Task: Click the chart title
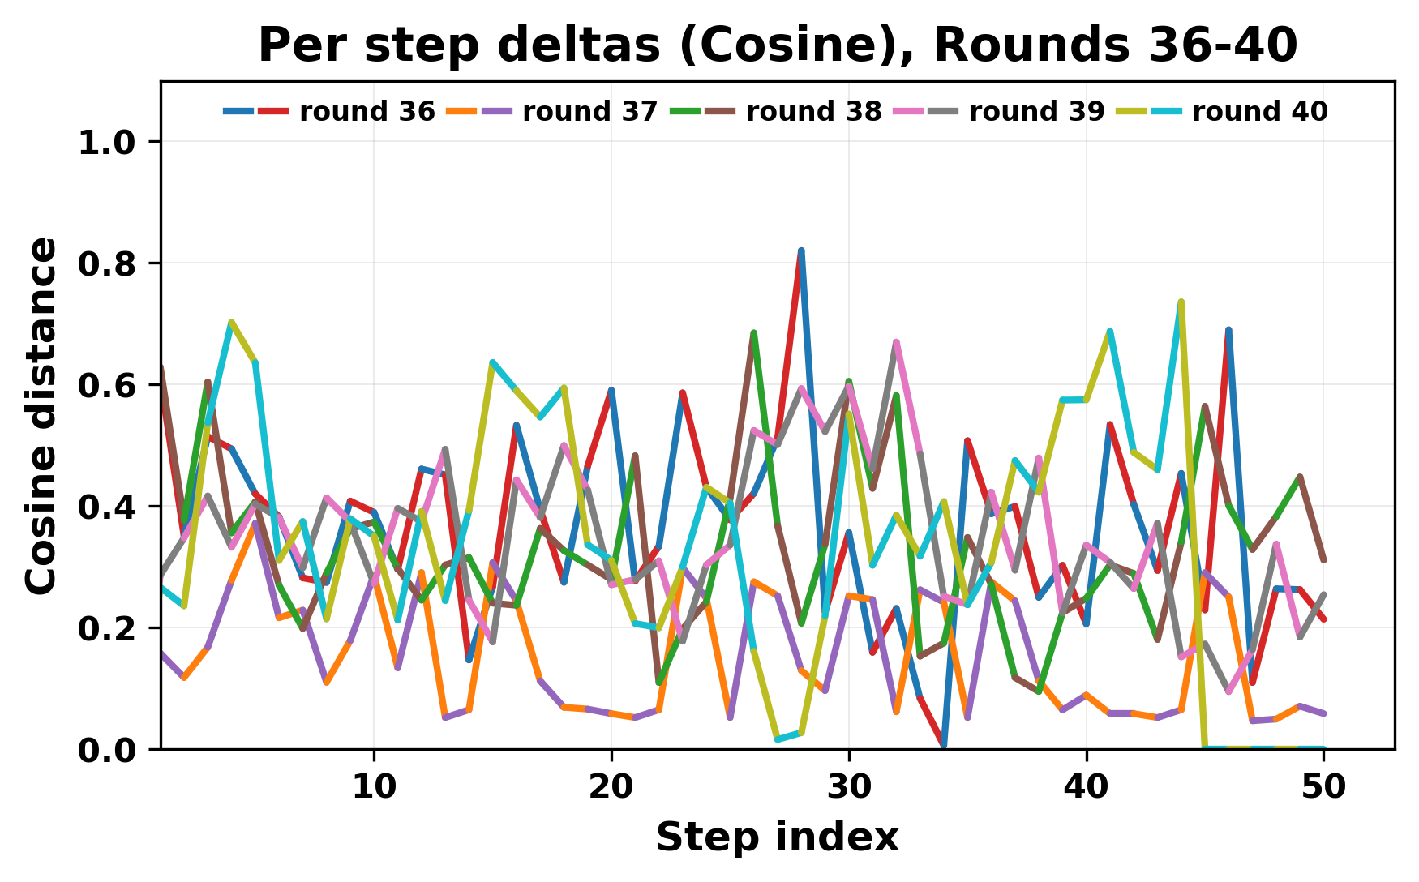tap(777, 45)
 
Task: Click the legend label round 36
tap(367, 112)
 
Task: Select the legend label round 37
tap(589, 112)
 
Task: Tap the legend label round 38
tap(813, 112)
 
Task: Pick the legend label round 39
tap(1036, 112)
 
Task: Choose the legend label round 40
tap(1259, 112)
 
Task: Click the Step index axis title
tap(777, 837)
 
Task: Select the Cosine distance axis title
tap(42, 415)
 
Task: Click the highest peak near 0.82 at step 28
tap(801, 250)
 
